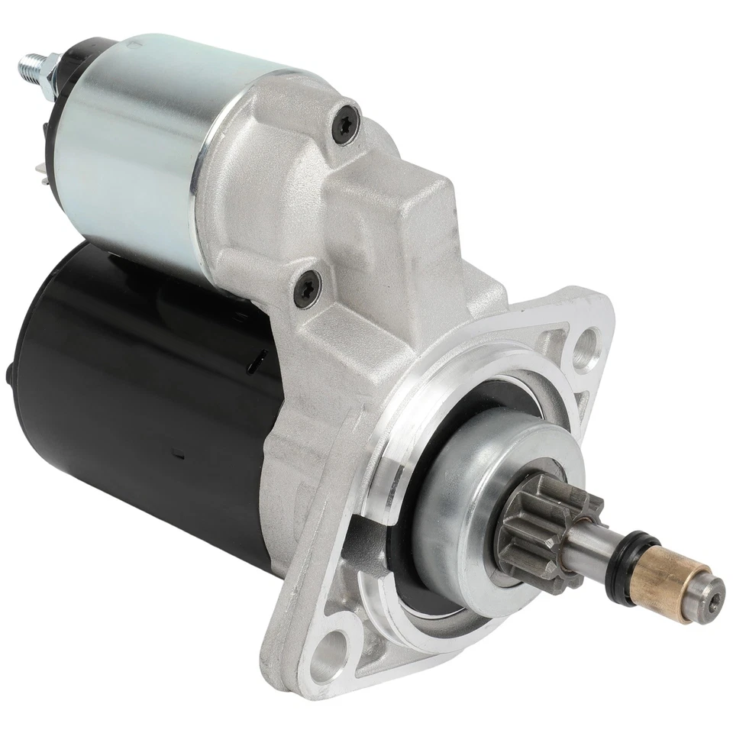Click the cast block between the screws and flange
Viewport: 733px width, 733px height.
pyautogui.click(x=405, y=244)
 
